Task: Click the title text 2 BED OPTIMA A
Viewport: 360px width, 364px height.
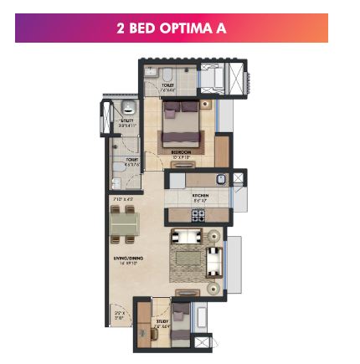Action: coord(171,28)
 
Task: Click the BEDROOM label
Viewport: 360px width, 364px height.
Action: coord(181,151)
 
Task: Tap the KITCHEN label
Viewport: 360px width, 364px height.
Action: coord(201,197)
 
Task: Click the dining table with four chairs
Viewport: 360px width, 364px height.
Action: coord(125,223)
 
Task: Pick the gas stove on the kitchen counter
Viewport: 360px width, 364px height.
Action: coord(198,215)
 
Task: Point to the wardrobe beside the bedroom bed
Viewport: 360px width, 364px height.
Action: coord(222,150)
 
